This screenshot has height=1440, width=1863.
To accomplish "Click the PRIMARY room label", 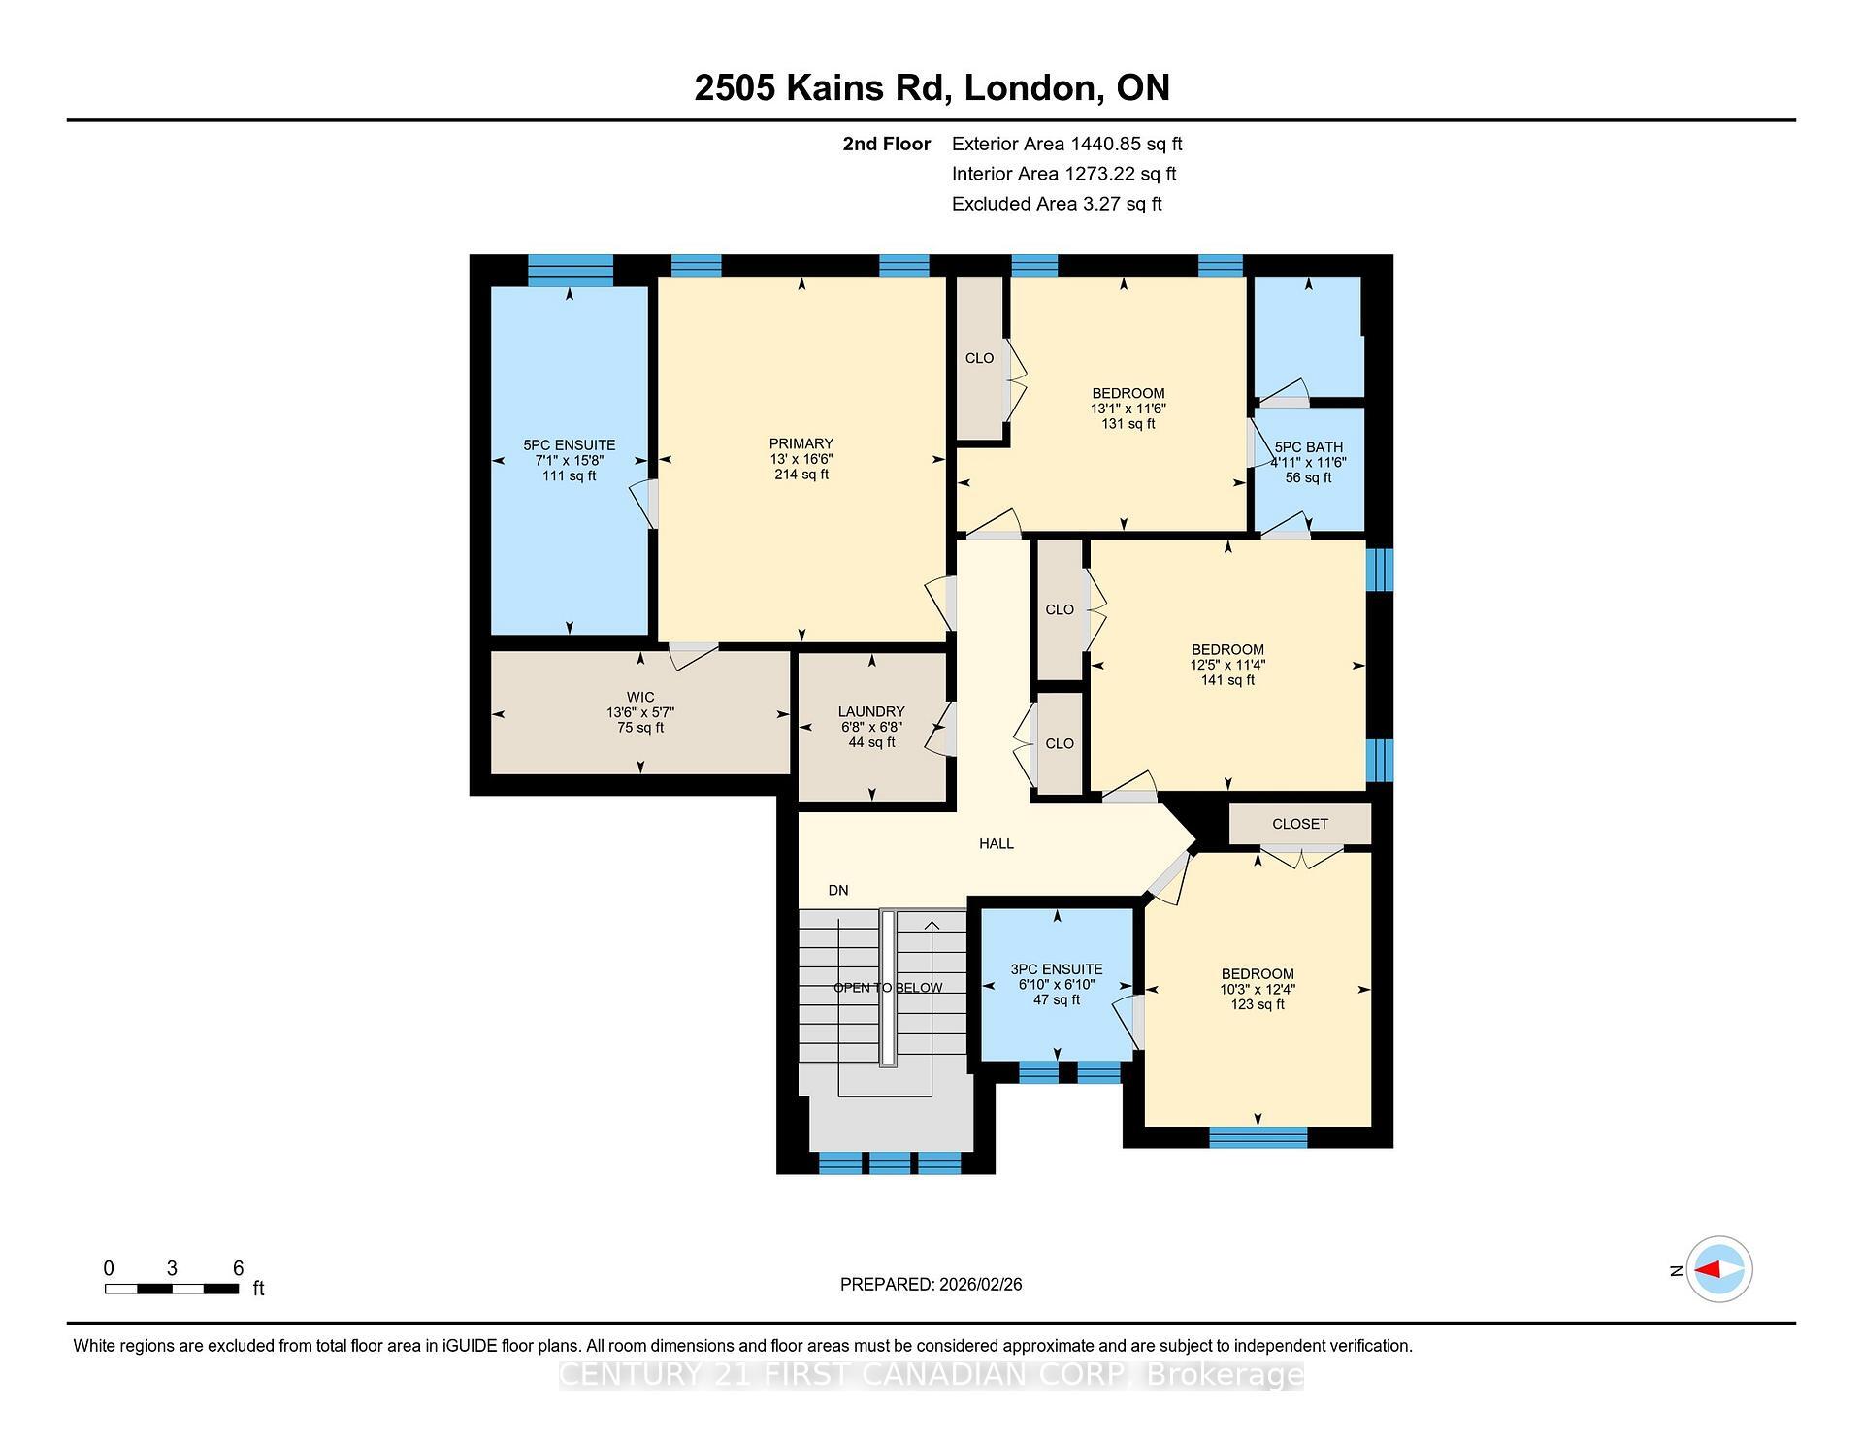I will point(801,443).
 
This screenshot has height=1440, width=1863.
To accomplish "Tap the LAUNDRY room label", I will point(871,711).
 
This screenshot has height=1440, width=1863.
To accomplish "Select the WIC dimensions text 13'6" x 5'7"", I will point(640,712).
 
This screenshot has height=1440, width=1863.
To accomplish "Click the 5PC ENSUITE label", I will point(569,445).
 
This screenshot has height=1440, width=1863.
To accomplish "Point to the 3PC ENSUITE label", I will point(1057,969).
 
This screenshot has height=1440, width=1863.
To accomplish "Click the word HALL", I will point(997,844).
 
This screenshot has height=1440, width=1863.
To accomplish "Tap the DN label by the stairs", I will point(838,890).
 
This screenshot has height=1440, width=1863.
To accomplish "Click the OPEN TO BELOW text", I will point(888,988).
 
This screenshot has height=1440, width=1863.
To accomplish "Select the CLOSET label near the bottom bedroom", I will point(1299,824).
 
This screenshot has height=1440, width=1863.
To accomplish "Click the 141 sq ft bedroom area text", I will point(1227,680).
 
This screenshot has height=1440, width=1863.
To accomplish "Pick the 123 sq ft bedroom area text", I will point(1258,1004).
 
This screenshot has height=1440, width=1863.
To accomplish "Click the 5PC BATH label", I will point(1309,447).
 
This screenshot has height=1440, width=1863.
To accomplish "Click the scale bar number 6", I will point(238,1268).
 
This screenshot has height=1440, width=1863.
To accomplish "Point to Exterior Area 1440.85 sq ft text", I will point(1066,144).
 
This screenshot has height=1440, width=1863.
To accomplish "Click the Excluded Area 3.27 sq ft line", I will point(1057,204).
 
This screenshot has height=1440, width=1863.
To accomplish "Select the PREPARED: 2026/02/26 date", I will point(931,1284).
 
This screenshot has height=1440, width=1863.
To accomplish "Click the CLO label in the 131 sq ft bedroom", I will point(979,358).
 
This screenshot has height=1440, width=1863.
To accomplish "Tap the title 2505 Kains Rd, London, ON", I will point(931,87).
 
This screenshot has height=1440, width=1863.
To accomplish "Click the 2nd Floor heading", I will point(886,144).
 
